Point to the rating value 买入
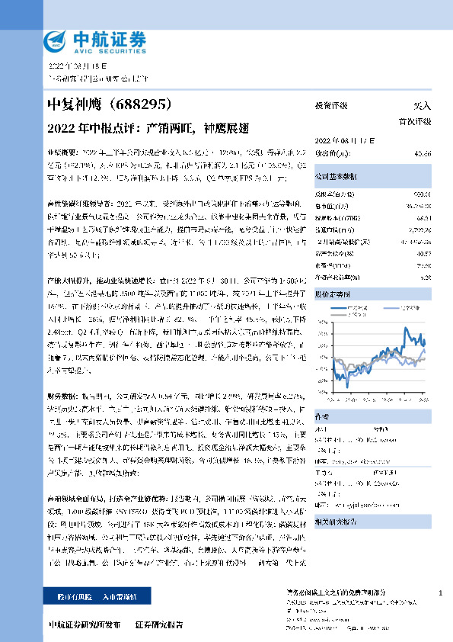(420, 106)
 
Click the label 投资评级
(331, 106)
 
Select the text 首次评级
(415, 121)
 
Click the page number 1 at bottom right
(441, 593)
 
